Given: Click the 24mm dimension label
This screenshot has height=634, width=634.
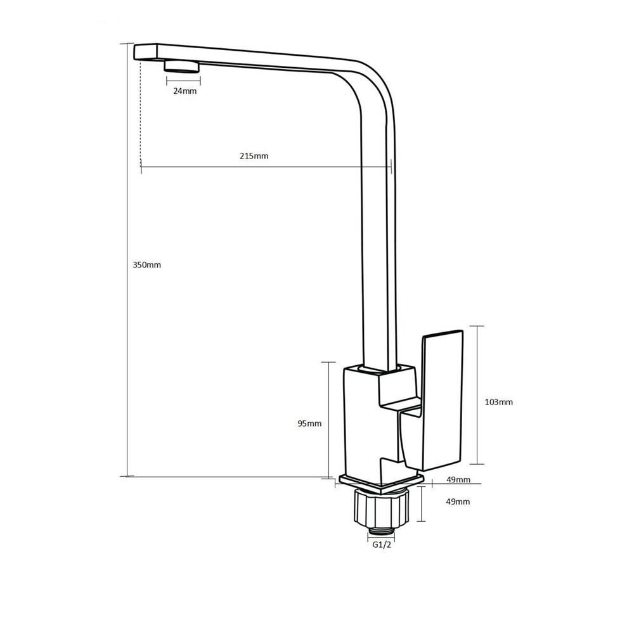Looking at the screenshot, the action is coord(184,91).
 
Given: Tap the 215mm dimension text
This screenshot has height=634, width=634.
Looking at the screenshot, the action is coord(254,156).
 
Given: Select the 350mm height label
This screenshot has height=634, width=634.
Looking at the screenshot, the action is coord(147,265).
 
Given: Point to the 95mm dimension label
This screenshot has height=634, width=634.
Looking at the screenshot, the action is coord(309,424).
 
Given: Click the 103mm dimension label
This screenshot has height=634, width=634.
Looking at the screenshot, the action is coord(498,402).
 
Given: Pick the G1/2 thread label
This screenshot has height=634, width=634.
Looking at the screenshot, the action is coord(382,545).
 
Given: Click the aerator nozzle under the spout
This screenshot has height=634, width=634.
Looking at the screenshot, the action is coord(181,66).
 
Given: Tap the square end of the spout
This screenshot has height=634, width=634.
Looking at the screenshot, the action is coord(146,52).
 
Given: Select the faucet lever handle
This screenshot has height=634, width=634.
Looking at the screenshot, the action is coord(442,400).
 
